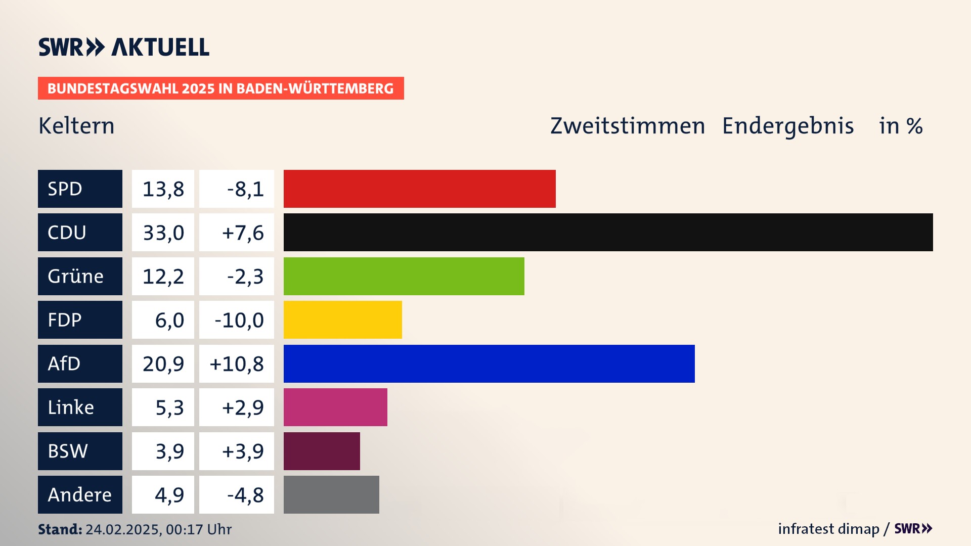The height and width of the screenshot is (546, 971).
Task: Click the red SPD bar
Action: tap(419, 189)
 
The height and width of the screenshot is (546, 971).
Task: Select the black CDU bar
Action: tap(608, 232)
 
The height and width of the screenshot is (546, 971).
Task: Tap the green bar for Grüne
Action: tap(404, 276)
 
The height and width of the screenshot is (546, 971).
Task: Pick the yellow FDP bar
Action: tap(342, 320)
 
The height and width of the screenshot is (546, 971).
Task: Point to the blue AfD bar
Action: tap(489, 363)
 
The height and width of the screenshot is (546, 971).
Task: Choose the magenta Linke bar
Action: tap(335, 407)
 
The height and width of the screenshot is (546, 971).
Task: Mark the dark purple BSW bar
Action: tap(322, 451)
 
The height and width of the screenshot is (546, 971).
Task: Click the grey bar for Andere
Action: tap(331, 494)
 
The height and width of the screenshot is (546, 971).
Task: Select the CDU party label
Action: tap(80, 232)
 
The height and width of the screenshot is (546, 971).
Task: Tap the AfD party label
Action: tap(80, 363)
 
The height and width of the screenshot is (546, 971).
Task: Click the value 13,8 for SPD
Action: tap(163, 189)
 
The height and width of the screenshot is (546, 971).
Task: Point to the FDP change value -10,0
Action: tap(237, 320)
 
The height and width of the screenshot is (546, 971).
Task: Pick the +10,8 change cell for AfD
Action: tap(237, 363)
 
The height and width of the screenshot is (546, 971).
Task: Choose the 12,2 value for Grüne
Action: tap(163, 276)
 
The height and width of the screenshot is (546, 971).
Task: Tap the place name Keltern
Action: tap(76, 126)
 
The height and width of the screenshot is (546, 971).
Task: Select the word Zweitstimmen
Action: tap(627, 126)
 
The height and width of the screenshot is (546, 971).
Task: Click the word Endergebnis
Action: tap(787, 126)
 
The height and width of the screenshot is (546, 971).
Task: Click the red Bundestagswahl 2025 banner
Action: tap(220, 88)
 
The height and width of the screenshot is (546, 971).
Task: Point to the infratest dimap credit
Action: tap(828, 529)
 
